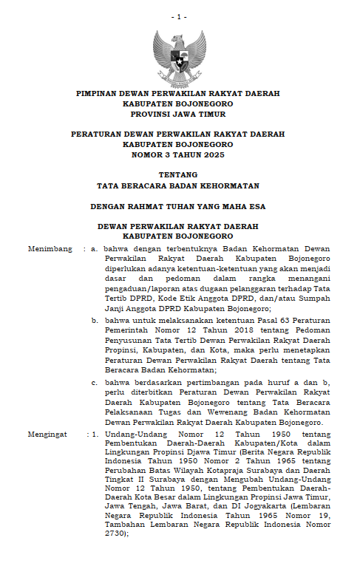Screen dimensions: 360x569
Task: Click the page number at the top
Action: click(179, 16)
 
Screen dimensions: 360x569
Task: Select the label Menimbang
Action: click(46, 249)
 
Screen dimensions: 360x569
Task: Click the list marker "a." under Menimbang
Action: click(95, 249)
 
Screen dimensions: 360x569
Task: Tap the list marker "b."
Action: click(95, 320)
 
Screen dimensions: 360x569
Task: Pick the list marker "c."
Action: click(95, 381)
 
